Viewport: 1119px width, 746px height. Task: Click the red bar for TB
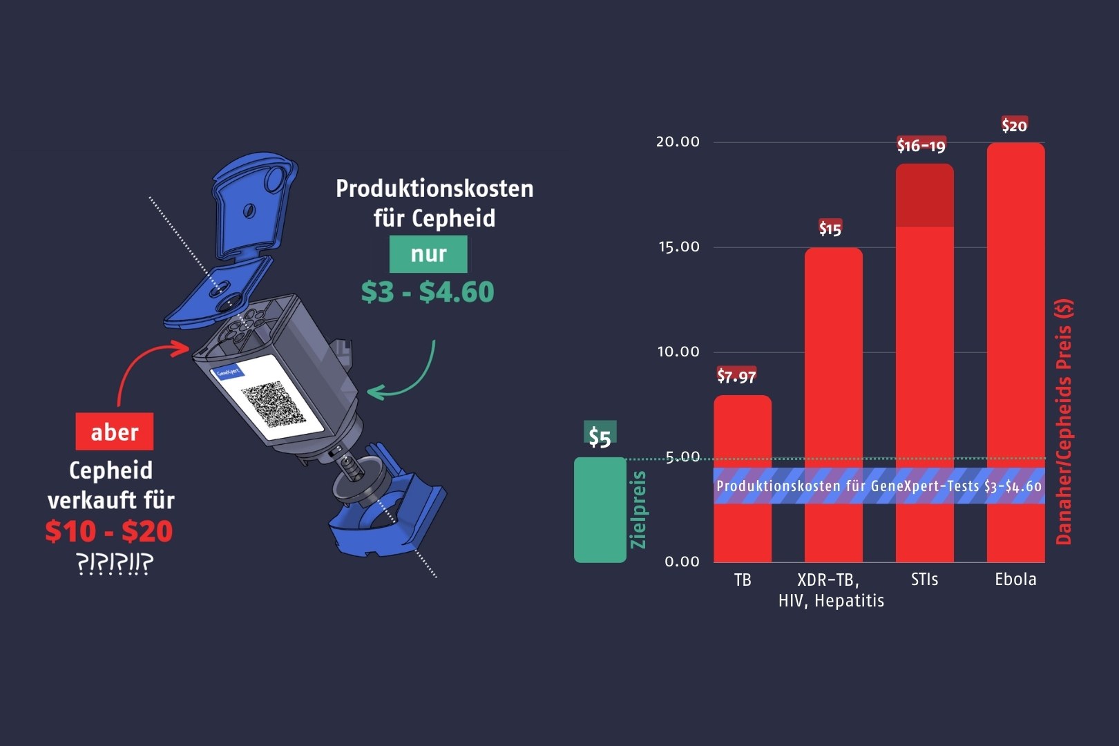pyautogui.click(x=743, y=479)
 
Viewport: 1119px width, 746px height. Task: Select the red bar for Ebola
pyautogui.click(x=1015, y=352)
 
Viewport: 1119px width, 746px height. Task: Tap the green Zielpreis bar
pyautogui.click(x=600, y=510)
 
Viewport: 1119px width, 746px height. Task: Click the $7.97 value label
pyautogui.click(x=736, y=376)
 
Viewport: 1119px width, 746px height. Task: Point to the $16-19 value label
pyautogui.click(x=921, y=146)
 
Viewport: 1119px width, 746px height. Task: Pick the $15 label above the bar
pyautogui.click(x=830, y=229)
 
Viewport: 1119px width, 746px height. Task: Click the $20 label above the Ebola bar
pyautogui.click(x=1014, y=125)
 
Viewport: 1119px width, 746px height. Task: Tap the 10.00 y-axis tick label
pyautogui.click(x=678, y=352)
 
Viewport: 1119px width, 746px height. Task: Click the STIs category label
pyautogui.click(x=924, y=580)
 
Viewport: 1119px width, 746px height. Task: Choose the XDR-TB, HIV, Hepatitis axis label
pyautogui.click(x=831, y=590)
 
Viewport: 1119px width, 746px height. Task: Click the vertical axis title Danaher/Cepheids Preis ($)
pyautogui.click(x=1064, y=422)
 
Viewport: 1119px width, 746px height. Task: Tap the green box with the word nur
pyautogui.click(x=429, y=254)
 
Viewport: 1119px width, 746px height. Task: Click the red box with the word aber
pyautogui.click(x=115, y=432)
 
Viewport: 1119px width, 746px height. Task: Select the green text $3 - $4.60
pyautogui.click(x=428, y=291)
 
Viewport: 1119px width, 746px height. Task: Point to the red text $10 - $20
pyautogui.click(x=109, y=530)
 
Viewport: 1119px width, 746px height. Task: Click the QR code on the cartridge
pyautogui.click(x=274, y=405)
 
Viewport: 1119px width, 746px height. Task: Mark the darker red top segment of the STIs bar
pyautogui.click(x=924, y=195)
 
